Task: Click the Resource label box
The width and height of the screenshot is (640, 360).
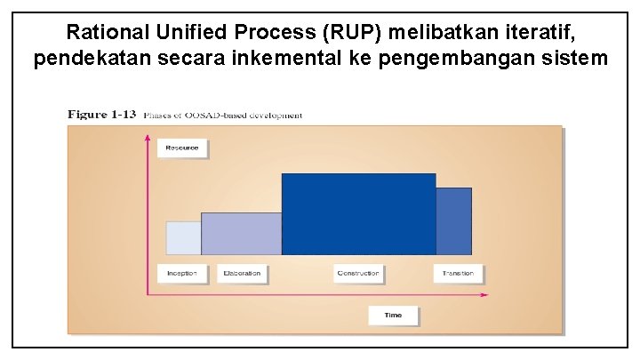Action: [x=182, y=148]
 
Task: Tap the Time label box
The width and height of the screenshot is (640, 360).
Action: [x=393, y=316]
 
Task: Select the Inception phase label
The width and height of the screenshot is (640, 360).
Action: [x=182, y=273]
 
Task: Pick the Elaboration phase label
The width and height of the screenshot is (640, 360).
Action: [x=242, y=273]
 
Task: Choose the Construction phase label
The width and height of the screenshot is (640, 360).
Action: [x=358, y=273]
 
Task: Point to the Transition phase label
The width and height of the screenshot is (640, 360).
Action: [x=458, y=273]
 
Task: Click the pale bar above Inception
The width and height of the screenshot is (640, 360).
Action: [x=184, y=238]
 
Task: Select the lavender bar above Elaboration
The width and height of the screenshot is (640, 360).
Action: [x=242, y=234]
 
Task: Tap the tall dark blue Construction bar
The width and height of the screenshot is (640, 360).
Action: [x=358, y=214]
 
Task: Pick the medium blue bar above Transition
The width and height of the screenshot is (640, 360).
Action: [x=453, y=221]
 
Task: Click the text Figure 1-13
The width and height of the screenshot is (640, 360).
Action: [x=102, y=114]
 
